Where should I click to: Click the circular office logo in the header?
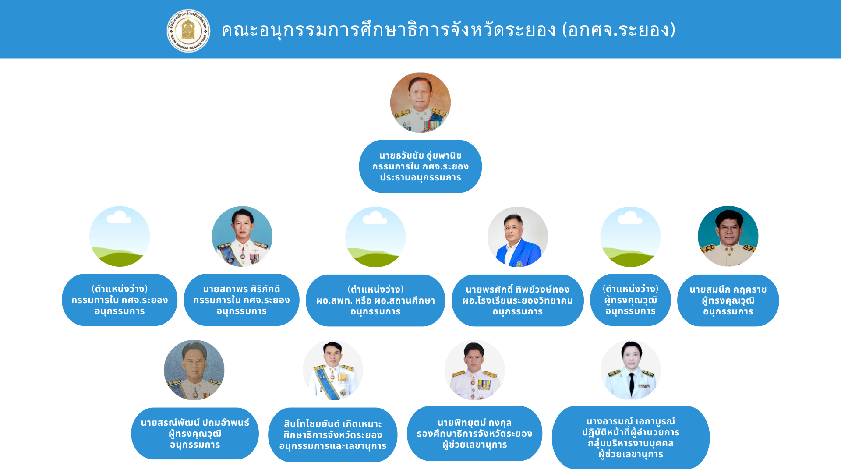(x=188, y=31)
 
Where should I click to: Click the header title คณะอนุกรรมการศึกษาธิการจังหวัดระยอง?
(x=389, y=30)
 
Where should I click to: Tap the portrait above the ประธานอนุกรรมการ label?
(x=420, y=102)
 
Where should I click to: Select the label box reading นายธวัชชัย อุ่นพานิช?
(x=420, y=166)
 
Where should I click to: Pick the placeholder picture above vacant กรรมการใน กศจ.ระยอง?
(x=120, y=236)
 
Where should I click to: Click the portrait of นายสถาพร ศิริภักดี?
(x=242, y=236)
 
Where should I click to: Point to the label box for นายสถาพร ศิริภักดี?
(x=242, y=300)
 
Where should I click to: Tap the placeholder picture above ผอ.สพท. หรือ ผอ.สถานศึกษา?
(x=375, y=237)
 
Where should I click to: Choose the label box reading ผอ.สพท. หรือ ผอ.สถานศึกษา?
(x=375, y=300)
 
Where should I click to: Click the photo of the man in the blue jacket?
(x=518, y=237)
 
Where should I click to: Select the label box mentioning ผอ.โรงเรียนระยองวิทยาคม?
(x=518, y=300)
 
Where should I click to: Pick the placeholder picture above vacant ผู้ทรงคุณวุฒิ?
(x=630, y=237)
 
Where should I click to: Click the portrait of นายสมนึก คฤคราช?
(x=728, y=236)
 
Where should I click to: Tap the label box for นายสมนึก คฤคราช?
(x=728, y=300)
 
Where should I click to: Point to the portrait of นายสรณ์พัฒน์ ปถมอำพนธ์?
(x=194, y=370)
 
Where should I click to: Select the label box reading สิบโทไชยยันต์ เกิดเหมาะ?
(x=333, y=435)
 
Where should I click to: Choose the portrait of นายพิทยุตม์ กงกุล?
(x=475, y=370)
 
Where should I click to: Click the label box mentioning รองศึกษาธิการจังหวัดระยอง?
(x=474, y=434)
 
